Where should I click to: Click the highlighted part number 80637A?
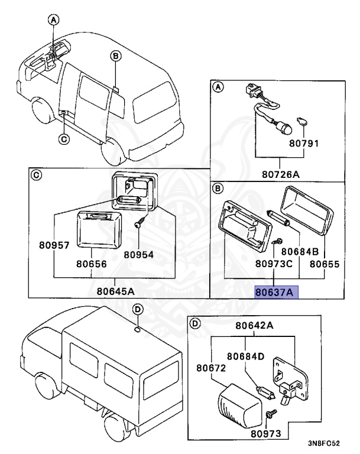pos(277,292)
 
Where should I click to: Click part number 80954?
pos(138,255)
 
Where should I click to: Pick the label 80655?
pos(325,264)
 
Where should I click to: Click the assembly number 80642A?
pos(255,325)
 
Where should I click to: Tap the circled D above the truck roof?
pos(137,309)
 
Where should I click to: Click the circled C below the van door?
pos(64,140)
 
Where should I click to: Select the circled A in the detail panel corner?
pos(218,87)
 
